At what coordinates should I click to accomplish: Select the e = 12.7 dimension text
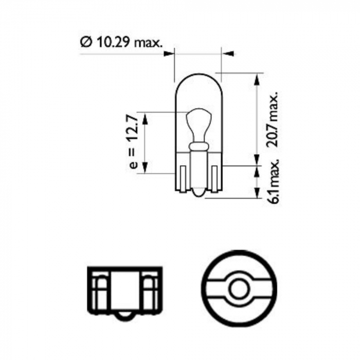(132, 142)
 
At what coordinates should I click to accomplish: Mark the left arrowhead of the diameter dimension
(170, 52)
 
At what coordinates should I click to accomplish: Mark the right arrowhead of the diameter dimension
(227, 52)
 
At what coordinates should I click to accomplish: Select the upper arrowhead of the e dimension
(145, 118)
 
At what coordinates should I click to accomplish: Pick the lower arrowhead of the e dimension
(145, 168)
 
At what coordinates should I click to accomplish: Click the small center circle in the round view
(239, 289)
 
